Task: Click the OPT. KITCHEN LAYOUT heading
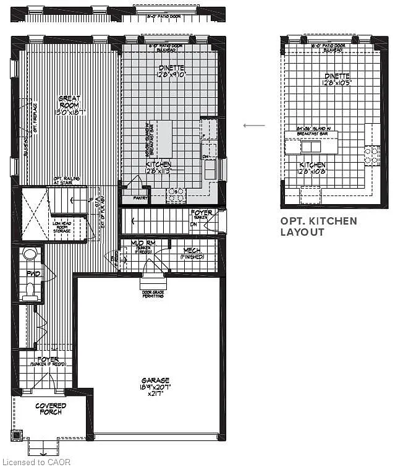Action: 318,226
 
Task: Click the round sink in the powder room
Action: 30,254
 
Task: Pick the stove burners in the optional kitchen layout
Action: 373,155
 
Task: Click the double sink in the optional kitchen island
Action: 311,147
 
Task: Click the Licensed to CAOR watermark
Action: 36,461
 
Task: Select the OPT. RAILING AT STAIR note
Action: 66,179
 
